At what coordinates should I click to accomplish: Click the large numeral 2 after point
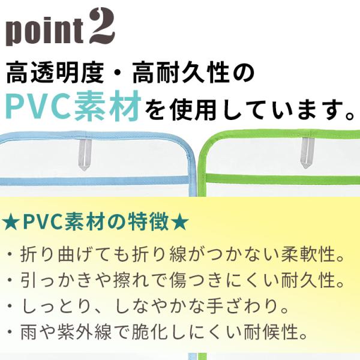click(x=102, y=27)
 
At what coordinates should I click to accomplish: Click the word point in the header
click(x=45, y=31)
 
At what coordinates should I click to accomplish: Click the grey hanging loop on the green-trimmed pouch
click(x=305, y=152)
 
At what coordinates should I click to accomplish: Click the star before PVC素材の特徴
click(x=11, y=223)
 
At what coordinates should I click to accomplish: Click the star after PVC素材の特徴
click(x=180, y=223)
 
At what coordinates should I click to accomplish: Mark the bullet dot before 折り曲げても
click(x=10, y=254)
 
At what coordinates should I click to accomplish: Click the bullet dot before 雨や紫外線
click(x=10, y=332)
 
